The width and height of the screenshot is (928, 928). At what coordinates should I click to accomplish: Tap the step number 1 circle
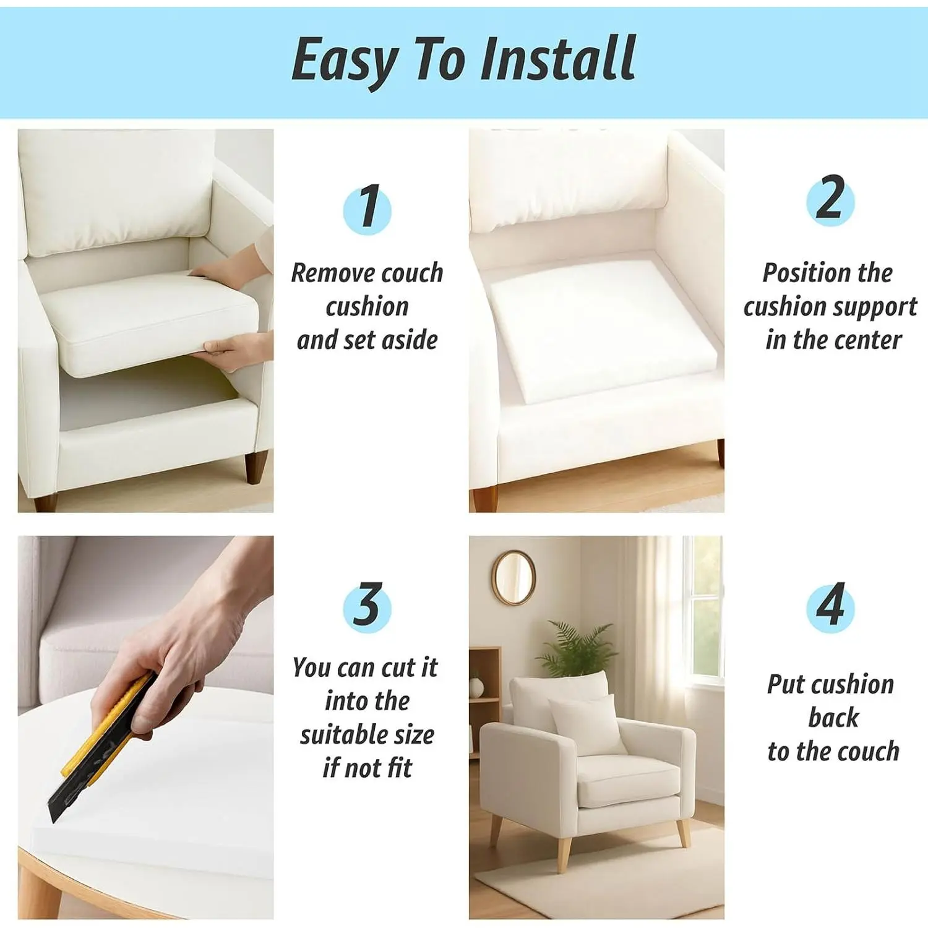click(367, 208)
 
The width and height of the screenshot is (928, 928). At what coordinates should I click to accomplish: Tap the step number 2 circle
click(830, 200)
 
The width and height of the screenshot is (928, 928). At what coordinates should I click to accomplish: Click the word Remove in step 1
click(332, 273)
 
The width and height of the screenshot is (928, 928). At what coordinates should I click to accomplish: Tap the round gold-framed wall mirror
click(513, 577)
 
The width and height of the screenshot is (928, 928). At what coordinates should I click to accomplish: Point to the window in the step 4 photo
click(702, 609)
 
